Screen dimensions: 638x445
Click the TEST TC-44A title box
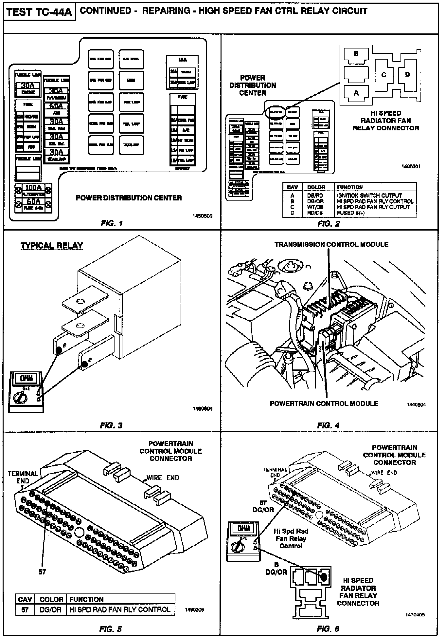(40, 12)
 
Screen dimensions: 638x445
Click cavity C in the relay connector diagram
(384, 75)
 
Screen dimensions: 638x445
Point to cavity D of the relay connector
(407, 74)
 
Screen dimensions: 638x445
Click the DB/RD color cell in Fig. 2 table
(315, 196)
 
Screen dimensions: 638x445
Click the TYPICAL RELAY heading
(52, 246)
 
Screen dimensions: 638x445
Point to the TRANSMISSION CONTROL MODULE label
(331, 244)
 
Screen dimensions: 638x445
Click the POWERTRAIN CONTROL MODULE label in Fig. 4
(324, 403)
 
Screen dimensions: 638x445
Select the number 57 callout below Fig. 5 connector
(43, 572)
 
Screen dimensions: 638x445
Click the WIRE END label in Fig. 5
(163, 478)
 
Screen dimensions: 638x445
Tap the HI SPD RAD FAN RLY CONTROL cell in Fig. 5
(120, 610)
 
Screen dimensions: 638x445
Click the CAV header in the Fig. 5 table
(25, 599)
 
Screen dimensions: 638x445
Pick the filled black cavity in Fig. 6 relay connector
(324, 577)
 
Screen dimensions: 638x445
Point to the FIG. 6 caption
(328, 629)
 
